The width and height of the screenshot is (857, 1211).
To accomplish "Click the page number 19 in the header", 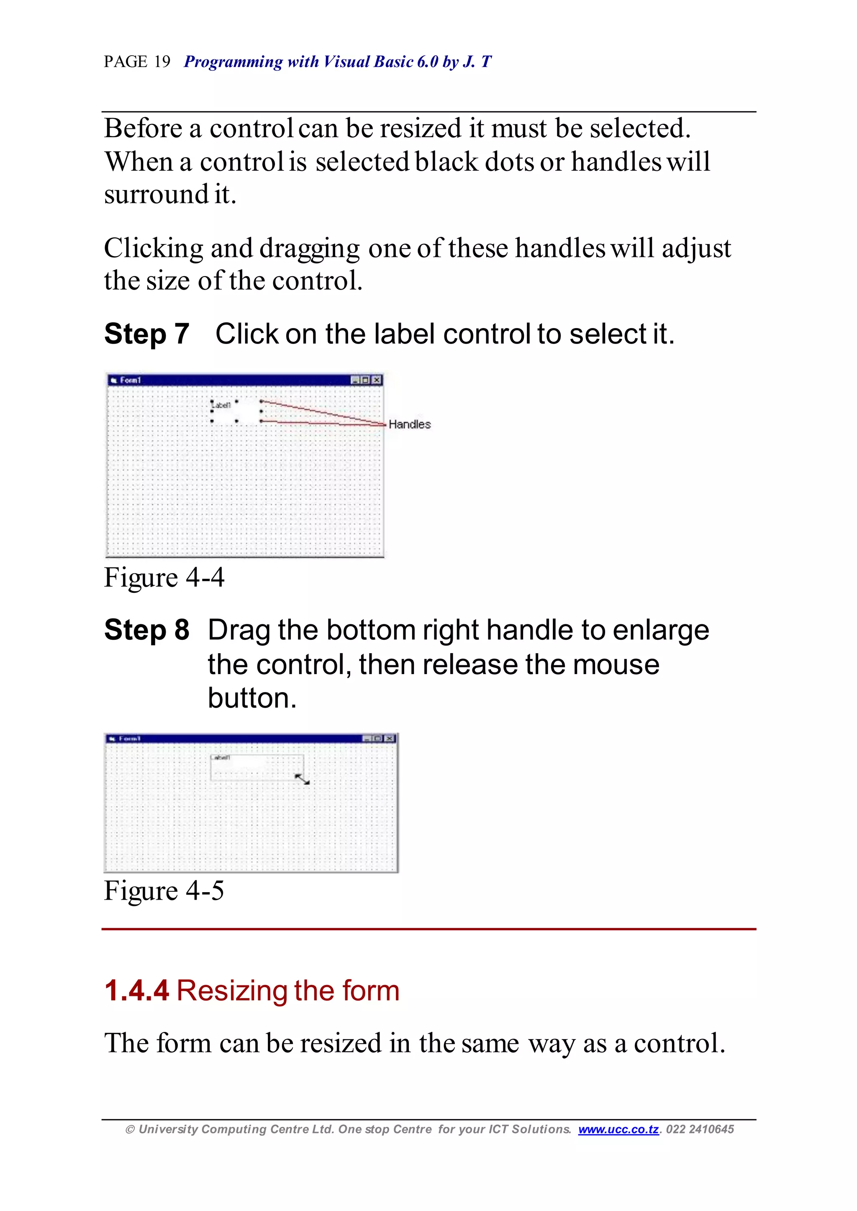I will click(x=162, y=62).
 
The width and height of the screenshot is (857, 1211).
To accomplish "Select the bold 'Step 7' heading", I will click(x=147, y=334).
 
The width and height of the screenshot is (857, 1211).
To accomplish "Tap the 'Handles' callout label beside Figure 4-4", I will click(x=410, y=424).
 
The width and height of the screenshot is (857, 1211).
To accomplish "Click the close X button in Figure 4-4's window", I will click(x=377, y=380).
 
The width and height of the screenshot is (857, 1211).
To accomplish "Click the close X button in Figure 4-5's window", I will click(x=390, y=738).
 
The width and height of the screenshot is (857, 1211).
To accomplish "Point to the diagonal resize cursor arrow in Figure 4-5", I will click(x=302, y=779).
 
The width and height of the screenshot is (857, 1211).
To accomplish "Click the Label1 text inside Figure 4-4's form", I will click(x=222, y=405).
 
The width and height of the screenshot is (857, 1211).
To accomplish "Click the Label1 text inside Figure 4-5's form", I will click(x=221, y=757).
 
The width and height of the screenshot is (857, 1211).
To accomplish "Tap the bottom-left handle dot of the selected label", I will click(x=212, y=421).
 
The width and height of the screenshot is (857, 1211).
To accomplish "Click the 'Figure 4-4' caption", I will click(x=164, y=577).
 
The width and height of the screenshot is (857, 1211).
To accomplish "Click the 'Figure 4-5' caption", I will click(x=164, y=891).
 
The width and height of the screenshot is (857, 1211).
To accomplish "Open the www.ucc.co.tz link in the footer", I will click(x=618, y=1129).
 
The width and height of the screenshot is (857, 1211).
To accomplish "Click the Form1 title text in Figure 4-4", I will click(x=130, y=380).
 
